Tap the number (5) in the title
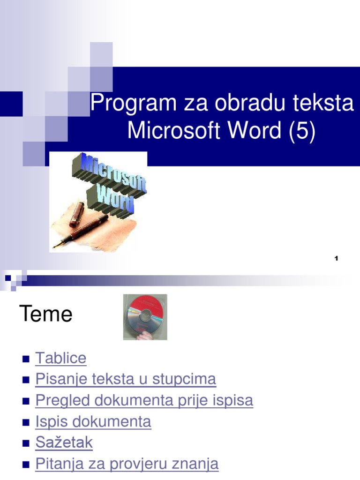tap(302, 130)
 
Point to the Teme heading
tap(46, 314)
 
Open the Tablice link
tap(61, 358)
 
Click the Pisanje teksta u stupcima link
tap(126, 379)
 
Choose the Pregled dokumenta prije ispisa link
tap(144, 400)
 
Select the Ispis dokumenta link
tap(93, 421)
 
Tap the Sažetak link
tap(64, 442)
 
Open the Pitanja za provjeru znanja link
tap(127, 464)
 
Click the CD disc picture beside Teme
tap(145, 316)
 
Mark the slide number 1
tap(337, 258)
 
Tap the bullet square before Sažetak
tap(26, 443)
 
